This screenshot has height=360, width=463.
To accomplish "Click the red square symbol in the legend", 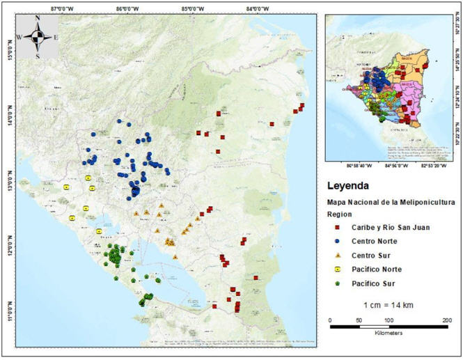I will (x=336, y=228).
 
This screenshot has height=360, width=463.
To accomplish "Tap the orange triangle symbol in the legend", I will (x=336, y=256).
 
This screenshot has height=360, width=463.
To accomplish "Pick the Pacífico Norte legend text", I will (x=377, y=269).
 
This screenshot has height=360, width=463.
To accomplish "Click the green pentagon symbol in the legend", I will (x=336, y=283).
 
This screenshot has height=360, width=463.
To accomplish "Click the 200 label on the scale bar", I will (x=446, y=320).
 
